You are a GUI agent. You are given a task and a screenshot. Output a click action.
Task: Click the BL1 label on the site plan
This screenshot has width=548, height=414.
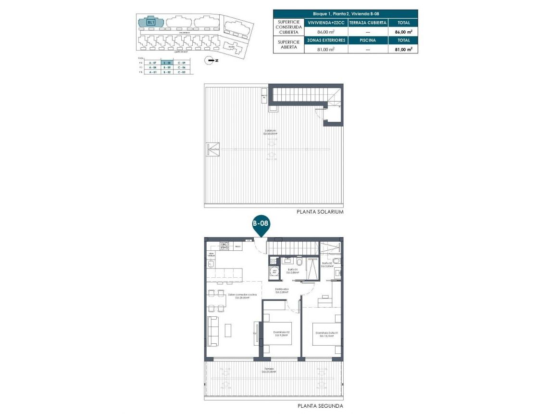151,22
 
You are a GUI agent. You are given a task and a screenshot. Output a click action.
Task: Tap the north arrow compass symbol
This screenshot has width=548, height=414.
210,60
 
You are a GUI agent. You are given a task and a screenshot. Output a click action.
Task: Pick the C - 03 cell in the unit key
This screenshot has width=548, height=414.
181,72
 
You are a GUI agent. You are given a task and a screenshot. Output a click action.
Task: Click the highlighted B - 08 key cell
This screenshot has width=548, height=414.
167,63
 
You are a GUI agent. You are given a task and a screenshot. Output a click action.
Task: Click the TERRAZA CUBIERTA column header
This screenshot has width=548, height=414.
368,23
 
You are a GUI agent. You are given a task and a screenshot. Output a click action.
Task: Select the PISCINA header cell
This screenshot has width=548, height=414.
368,40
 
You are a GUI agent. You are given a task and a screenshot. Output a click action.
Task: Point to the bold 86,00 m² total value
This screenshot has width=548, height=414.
403,32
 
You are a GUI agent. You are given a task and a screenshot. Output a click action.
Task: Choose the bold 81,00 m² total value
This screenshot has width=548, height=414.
403,49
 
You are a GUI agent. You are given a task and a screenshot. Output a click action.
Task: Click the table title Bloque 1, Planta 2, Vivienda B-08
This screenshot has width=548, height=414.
345,14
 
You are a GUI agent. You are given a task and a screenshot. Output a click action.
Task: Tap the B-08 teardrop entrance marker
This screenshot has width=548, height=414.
261,225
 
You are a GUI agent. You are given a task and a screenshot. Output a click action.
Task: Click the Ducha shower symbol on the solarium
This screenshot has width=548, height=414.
214,149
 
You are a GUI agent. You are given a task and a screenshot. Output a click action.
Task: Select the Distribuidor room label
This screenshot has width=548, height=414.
282,291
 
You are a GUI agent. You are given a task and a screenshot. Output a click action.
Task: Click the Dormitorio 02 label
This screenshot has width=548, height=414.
281,333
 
